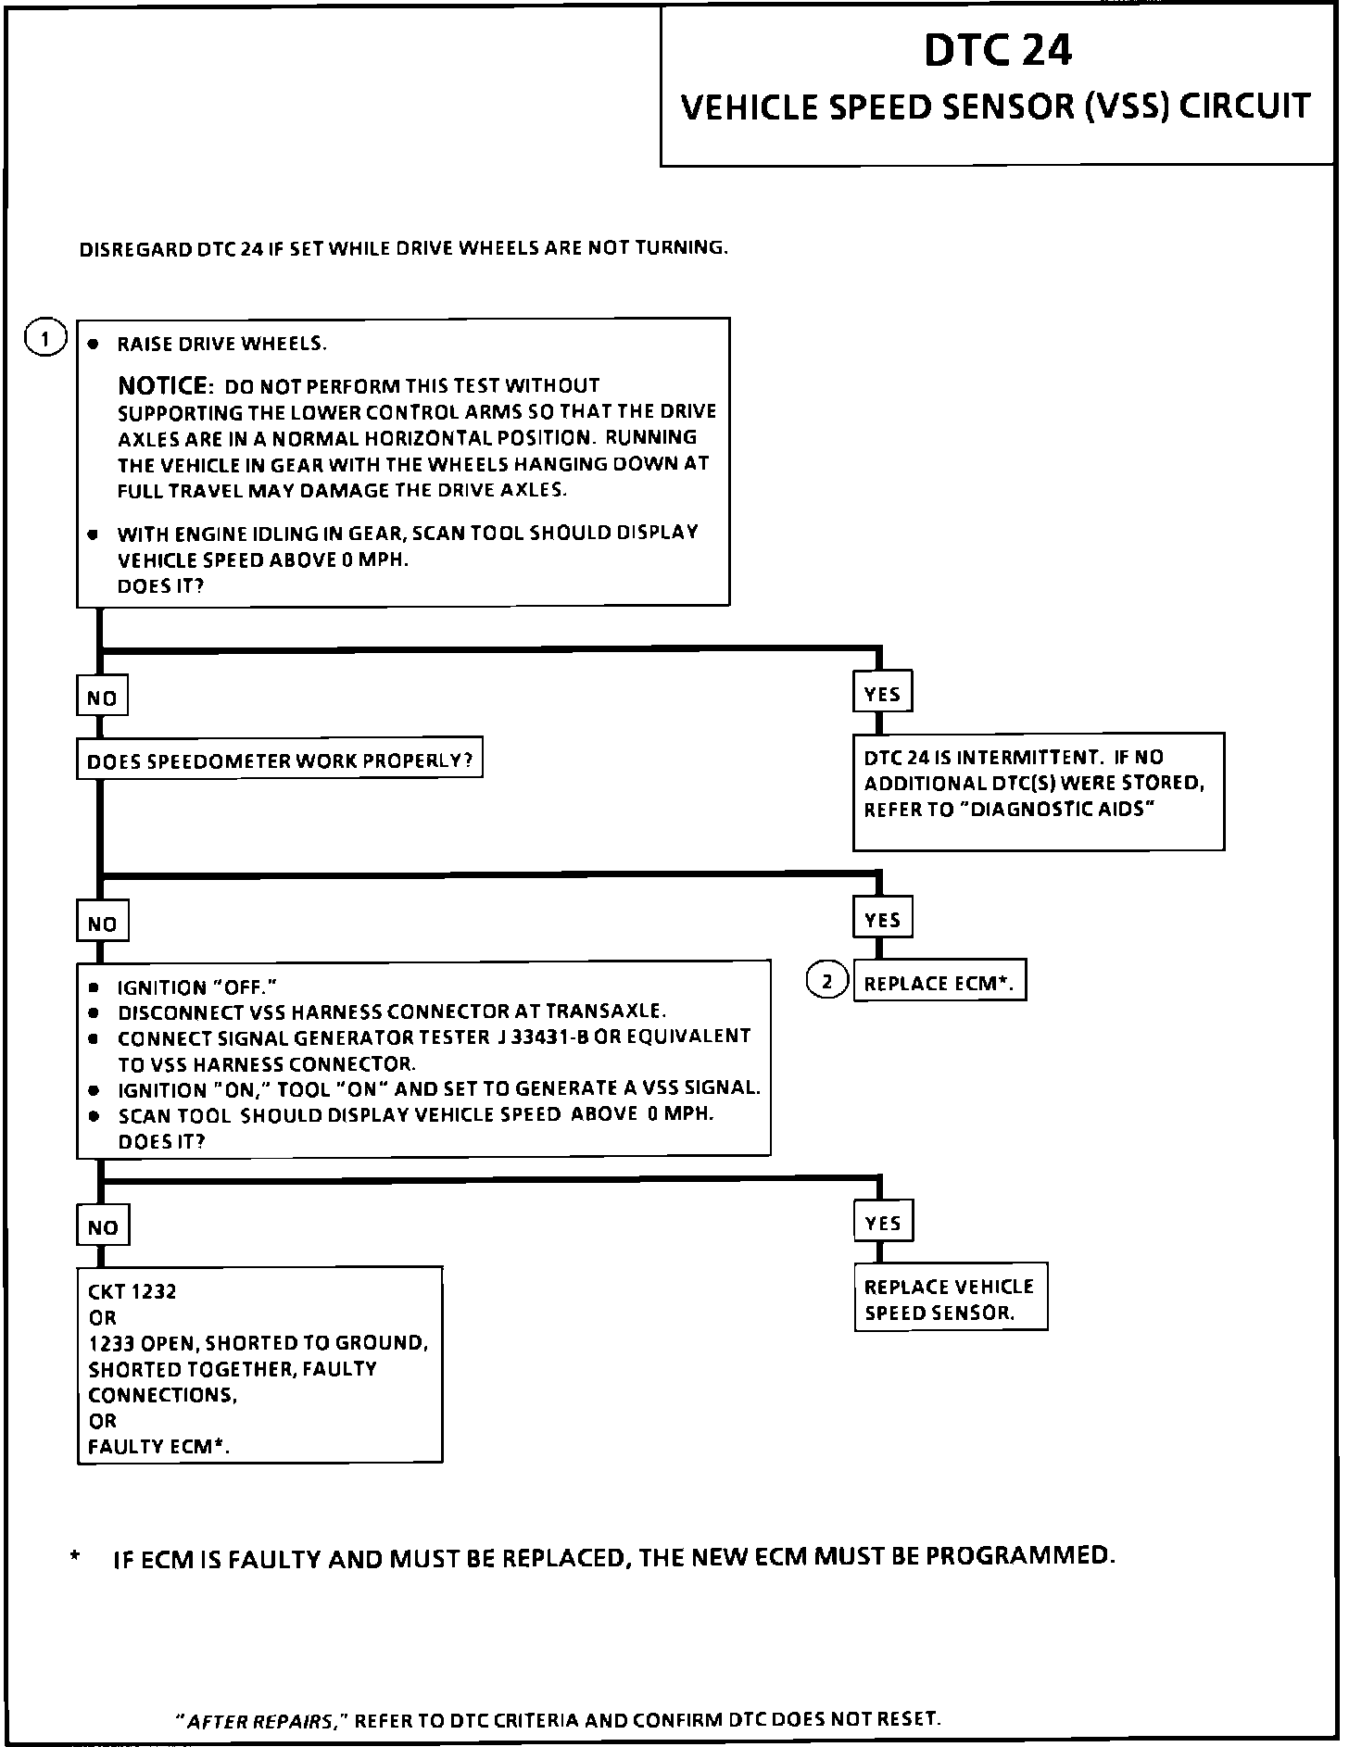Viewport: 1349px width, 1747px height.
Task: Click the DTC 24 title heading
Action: click(x=998, y=50)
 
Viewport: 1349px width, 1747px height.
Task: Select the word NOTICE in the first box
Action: click(x=164, y=385)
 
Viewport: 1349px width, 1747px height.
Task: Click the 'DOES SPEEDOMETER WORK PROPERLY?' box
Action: click(x=279, y=760)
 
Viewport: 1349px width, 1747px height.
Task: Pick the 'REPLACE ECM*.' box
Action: click(x=939, y=984)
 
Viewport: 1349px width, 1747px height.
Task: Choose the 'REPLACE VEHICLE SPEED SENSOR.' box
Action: click(x=950, y=1299)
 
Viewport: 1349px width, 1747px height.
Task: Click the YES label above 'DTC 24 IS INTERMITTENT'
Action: click(x=882, y=694)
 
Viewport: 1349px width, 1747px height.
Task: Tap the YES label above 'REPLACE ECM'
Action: click(x=882, y=920)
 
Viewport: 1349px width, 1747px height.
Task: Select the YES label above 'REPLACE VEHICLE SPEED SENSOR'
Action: click(x=883, y=1223)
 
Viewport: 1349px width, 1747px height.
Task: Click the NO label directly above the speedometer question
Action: click(x=102, y=698)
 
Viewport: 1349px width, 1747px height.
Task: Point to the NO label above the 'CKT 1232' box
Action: click(x=103, y=1228)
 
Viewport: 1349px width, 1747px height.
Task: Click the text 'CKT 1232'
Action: click(x=132, y=1291)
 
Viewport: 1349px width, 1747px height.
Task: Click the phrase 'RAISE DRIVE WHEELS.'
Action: click(x=222, y=345)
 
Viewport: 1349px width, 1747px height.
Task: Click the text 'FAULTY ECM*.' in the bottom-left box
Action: click(x=158, y=1447)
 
